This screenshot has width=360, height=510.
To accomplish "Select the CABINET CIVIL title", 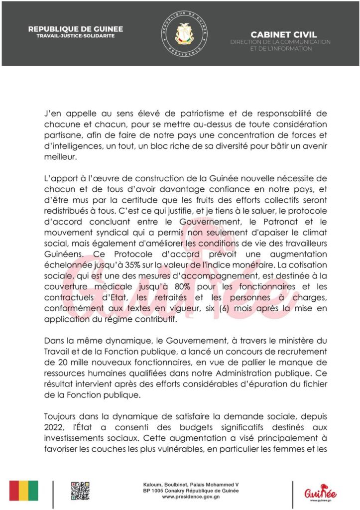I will (x=279, y=34).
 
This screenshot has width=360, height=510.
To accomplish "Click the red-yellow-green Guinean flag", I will (x=24, y=491).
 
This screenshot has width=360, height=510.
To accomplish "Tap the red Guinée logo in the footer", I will (x=319, y=492).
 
